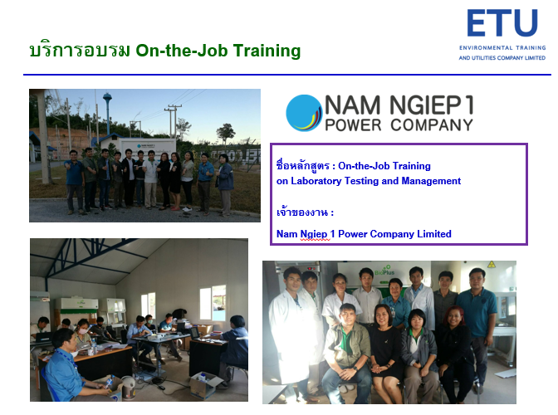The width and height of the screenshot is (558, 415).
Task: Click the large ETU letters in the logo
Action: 502,22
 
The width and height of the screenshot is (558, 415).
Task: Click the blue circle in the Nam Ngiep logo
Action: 303,113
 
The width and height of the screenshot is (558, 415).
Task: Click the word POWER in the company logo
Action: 353,125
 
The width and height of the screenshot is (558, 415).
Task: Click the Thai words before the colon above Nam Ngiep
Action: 301,212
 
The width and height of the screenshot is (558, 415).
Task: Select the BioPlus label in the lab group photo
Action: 384,272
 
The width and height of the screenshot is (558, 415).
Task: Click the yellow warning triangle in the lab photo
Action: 492,265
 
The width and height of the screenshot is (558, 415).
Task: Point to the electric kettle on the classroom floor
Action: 128,388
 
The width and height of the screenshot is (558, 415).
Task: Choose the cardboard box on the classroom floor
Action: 205,385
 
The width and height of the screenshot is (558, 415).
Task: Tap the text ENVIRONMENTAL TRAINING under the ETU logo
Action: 502,48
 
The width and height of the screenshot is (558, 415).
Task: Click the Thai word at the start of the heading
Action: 80,51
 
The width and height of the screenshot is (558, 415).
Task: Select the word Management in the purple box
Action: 431,181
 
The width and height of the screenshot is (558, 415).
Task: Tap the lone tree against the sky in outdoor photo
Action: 226,133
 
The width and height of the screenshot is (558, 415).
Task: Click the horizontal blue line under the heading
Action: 287,75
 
